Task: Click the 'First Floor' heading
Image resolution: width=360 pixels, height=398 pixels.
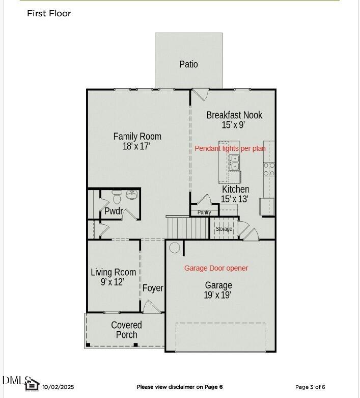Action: [x=49, y=14]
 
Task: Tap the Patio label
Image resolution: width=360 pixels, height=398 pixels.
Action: [x=188, y=64]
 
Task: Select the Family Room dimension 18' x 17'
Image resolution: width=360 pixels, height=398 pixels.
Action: [x=136, y=147]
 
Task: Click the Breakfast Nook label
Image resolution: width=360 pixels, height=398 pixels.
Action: [x=234, y=115]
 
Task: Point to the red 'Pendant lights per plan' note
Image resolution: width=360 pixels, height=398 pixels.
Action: [x=230, y=148]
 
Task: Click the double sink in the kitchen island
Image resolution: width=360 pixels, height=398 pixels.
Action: [x=235, y=163]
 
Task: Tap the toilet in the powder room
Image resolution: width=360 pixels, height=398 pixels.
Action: [x=117, y=196]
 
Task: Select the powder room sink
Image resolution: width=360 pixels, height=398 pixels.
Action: [x=132, y=195]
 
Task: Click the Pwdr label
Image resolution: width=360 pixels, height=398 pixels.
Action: [x=113, y=211]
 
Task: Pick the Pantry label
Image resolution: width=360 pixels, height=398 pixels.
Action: [x=204, y=213]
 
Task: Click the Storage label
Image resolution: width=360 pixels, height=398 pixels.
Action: [x=224, y=229]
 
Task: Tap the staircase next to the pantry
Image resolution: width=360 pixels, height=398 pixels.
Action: [x=188, y=227]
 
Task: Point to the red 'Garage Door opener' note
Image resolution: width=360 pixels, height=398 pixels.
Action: [x=216, y=268]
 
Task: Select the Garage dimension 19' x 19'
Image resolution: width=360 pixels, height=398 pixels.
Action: [x=218, y=295]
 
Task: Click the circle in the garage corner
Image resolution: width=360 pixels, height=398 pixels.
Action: [x=175, y=248]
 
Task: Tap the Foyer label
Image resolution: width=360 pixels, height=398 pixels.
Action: [x=153, y=288]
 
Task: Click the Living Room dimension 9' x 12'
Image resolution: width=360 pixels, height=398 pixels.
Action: [x=113, y=282]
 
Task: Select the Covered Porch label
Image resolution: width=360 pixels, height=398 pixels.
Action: [x=126, y=330]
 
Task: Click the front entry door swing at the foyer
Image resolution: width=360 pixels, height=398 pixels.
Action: [x=151, y=307]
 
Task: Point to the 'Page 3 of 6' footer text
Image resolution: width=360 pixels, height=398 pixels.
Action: [x=310, y=387]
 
